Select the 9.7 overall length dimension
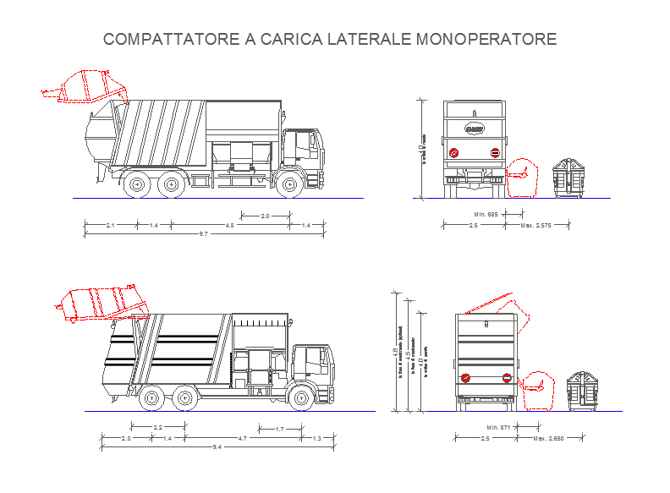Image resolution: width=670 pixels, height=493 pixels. point(203,233)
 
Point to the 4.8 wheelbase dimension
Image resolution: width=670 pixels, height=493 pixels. point(229,225)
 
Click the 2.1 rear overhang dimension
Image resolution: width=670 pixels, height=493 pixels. point(111,225)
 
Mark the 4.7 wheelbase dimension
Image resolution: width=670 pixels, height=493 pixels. point(242,438)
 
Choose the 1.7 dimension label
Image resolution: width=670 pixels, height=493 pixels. point(280,430)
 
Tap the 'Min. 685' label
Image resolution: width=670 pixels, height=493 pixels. point(486,214)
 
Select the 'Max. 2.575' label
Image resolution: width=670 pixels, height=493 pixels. point(535,225)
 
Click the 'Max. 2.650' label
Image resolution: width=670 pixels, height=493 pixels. point(548,438)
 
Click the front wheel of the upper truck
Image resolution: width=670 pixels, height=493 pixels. point(289,184)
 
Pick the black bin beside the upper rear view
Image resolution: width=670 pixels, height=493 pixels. point(568,178)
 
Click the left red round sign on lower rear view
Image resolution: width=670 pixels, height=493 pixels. point(464,378)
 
